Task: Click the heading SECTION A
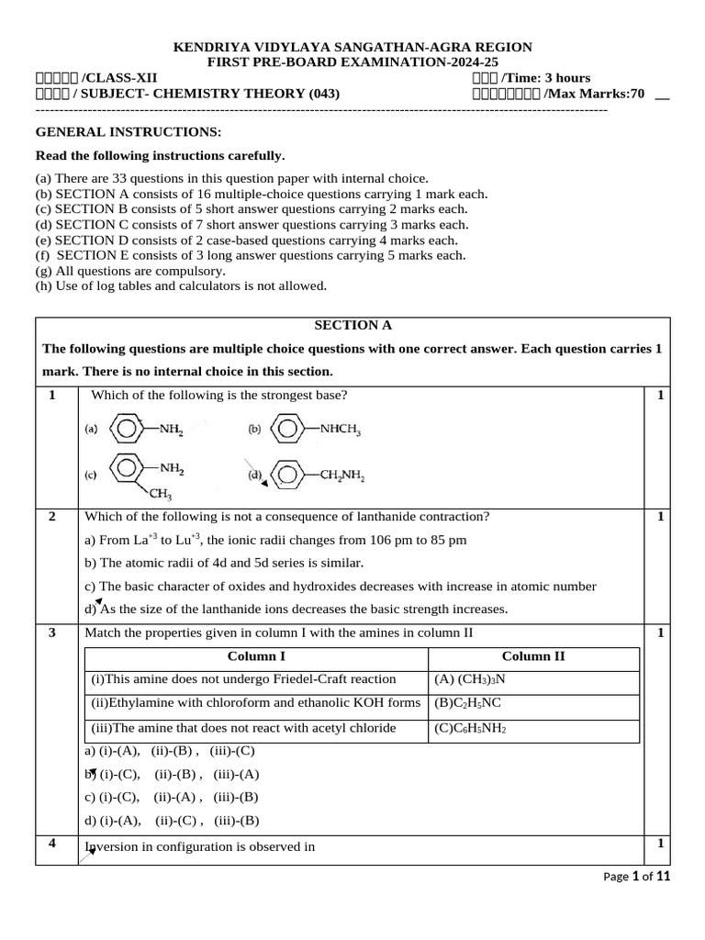(346, 325)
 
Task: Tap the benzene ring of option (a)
(126, 428)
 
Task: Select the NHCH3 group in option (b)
(340, 428)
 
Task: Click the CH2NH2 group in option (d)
(341, 477)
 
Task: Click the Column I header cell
(256, 657)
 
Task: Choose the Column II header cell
(533, 657)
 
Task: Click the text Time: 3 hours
(547, 78)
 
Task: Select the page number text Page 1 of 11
(637, 877)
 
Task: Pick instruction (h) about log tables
(181, 286)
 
